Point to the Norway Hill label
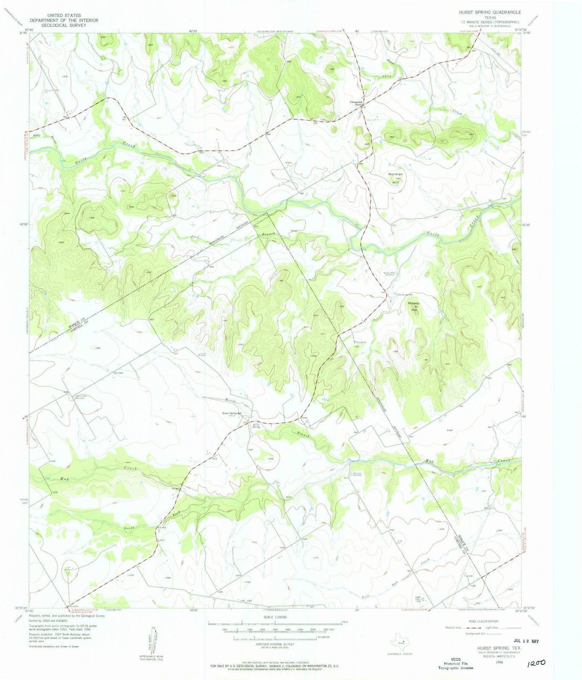click(x=414, y=306)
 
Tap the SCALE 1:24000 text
click(x=275, y=617)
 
